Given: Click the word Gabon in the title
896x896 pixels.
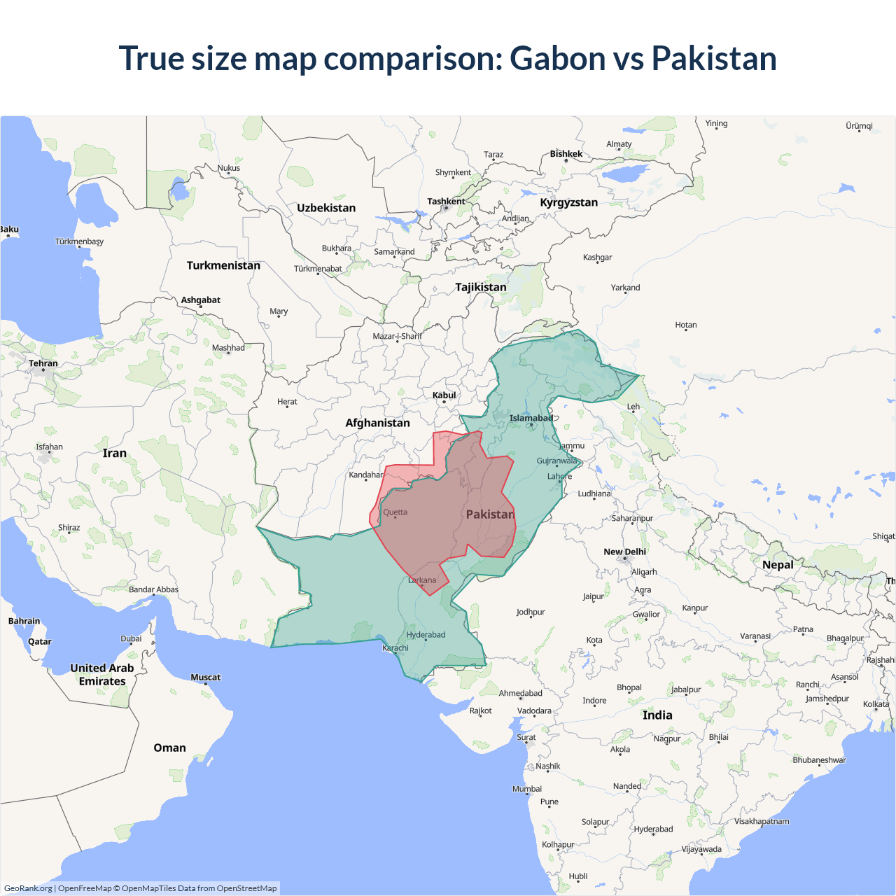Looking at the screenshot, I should (x=557, y=59).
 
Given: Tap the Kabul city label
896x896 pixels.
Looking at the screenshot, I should (x=444, y=395).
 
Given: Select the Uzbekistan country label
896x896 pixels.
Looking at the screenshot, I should (x=326, y=208).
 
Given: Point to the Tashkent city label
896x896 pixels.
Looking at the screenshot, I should (x=446, y=202).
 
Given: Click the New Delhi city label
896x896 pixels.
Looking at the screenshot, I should (x=624, y=552).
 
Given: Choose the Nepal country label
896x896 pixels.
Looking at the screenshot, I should (x=778, y=565).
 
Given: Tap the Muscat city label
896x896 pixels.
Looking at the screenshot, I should (x=205, y=677).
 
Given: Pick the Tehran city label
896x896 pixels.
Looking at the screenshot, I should (x=43, y=363).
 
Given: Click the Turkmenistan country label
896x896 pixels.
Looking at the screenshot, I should (x=223, y=265).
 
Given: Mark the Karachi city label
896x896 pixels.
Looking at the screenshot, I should (x=395, y=648).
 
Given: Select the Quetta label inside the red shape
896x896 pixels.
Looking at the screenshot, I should (x=395, y=512).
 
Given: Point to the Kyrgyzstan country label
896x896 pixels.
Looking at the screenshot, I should (x=568, y=202).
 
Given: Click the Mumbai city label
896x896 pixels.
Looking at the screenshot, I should (x=527, y=789).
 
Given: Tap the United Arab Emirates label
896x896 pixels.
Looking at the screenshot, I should (x=102, y=675).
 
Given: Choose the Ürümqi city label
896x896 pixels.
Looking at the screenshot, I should (x=859, y=126).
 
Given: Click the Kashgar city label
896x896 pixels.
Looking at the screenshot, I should (x=597, y=258).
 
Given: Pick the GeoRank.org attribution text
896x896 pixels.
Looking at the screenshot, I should (x=28, y=888).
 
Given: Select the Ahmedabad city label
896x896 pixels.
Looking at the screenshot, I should (x=520, y=693).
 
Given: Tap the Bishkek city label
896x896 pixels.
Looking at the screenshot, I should (x=566, y=154).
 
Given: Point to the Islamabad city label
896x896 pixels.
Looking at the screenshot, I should (x=531, y=419).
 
